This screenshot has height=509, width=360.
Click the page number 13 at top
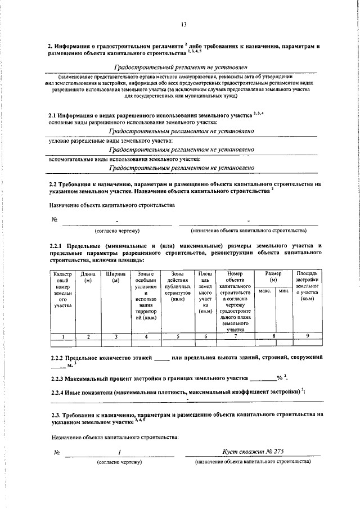point(184,24)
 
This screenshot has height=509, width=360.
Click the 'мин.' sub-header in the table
point(283,291)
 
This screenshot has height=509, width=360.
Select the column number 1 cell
point(62,336)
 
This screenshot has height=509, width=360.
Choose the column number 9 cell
point(307,336)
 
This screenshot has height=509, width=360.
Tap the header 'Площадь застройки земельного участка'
point(307,286)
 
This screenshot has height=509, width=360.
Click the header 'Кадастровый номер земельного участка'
point(62,289)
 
